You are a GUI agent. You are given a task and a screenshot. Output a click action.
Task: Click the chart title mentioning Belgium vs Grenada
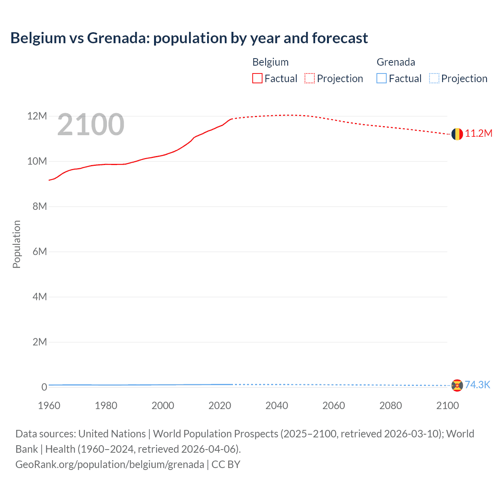(x=189, y=38)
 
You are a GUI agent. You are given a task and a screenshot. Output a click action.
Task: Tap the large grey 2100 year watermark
(x=91, y=125)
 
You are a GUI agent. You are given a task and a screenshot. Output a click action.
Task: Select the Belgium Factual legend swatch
(x=257, y=79)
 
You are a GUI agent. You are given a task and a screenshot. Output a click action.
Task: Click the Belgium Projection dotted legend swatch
(x=310, y=79)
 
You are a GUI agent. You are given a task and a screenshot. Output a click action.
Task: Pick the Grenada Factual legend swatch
(x=382, y=79)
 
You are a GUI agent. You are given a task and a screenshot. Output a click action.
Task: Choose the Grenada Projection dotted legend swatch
(x=434, y=79)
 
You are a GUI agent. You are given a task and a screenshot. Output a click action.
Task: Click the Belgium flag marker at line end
(x=457, y=134)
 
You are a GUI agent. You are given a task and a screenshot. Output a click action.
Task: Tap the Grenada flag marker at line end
(x=457, y=386)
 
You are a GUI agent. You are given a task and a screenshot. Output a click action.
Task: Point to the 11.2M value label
(x=479, y=134)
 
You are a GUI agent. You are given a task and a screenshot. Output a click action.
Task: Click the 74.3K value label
(x=477, y=385)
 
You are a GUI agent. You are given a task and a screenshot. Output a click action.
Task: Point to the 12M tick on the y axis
(x=37, y=116)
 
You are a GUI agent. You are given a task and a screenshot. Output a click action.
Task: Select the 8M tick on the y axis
(x=39, y=207)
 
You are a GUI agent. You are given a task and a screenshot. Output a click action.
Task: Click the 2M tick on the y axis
(x=39, y=342)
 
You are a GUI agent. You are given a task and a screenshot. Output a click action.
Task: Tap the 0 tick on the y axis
(x=44, y=387)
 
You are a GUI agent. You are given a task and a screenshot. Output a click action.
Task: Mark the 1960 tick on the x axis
(x=49, y=406)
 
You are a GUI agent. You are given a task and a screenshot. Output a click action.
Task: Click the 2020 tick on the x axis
(x=220, y=406)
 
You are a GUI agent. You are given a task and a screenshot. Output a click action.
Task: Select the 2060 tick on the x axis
(x=334, y=406)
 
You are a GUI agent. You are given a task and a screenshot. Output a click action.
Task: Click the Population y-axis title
(x=17, y=244)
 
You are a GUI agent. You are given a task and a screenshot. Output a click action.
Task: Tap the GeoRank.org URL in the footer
(x=110, y=464)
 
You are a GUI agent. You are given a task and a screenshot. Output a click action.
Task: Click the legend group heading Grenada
(x=396, y=62)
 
